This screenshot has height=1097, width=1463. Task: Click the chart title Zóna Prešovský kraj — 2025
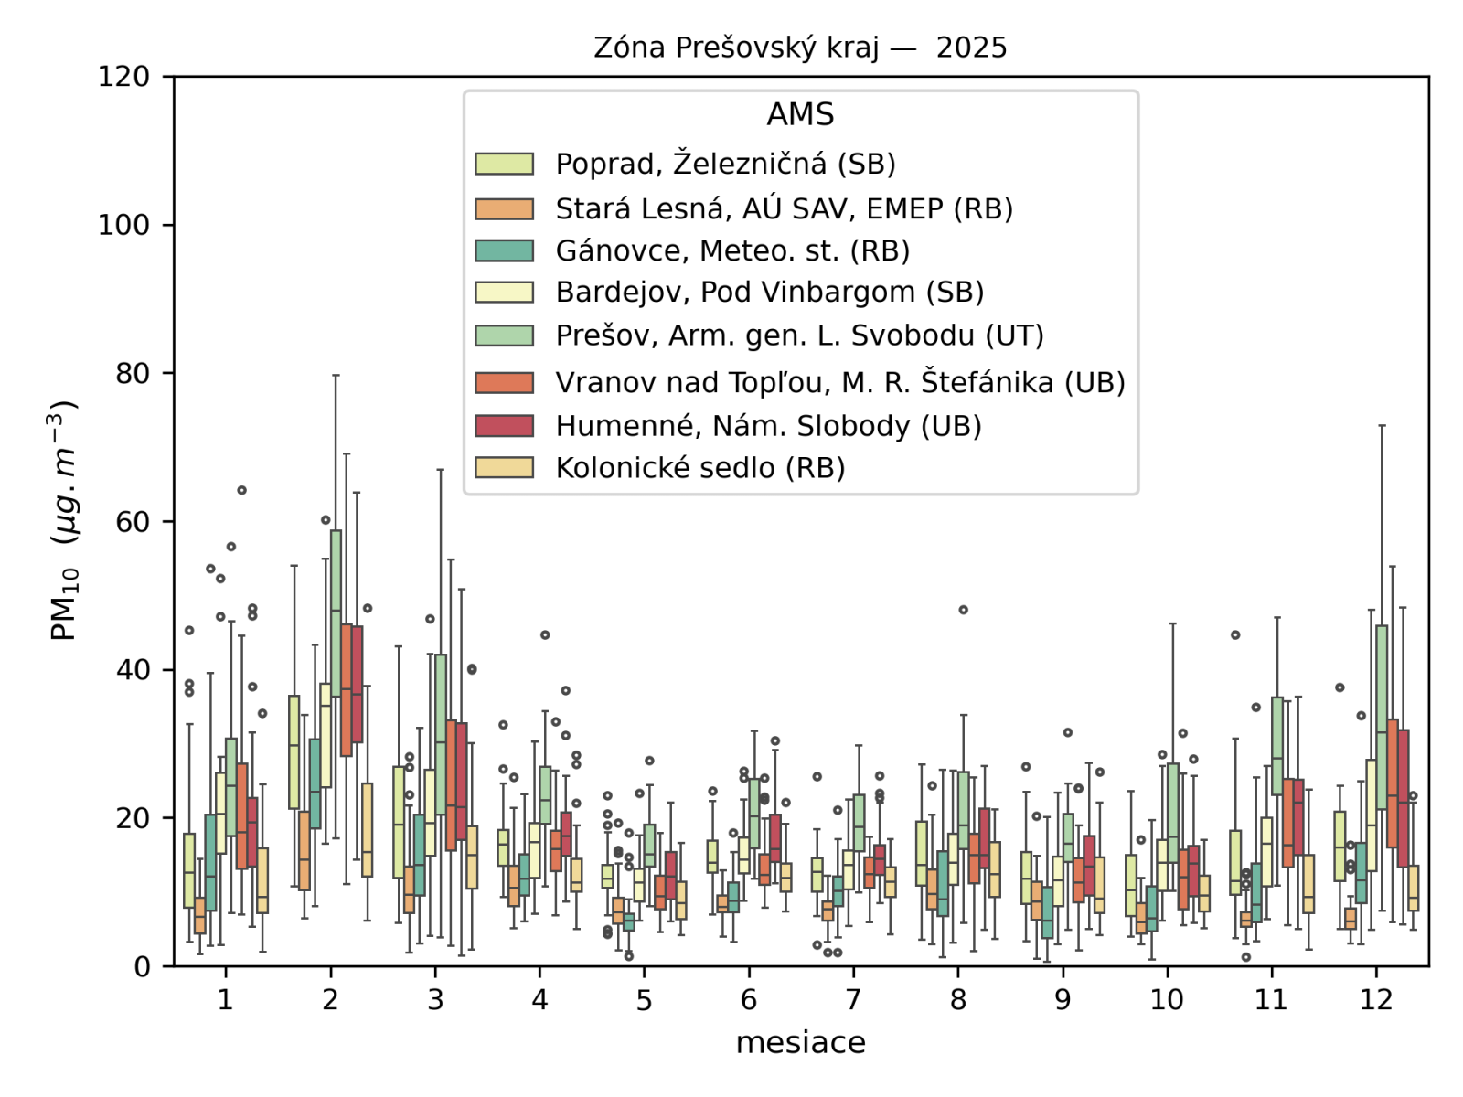(800, 48)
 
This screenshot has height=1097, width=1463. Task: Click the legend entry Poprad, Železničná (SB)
(725, 164)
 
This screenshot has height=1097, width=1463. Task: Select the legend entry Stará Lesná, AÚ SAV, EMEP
(784, 208)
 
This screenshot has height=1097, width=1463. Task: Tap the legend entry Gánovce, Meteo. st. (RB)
(732, 250)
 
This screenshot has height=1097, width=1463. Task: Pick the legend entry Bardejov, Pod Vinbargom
(769, 293)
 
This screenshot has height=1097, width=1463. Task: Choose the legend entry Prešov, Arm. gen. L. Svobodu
(799, 335)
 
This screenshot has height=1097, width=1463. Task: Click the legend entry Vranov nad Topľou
(839, 382)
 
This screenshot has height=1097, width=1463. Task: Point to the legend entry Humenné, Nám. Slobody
(768, 426)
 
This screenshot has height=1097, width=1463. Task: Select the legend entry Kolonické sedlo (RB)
(699, 468)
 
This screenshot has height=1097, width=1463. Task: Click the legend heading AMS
(800, 114)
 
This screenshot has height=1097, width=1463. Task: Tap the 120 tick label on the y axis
(124, 77)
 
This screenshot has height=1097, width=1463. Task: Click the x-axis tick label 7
(853, 1000)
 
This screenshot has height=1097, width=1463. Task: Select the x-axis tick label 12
(1375, 1000)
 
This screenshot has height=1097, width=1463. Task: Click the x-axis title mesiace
(800, 1042)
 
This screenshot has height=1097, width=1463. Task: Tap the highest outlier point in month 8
(963, 610)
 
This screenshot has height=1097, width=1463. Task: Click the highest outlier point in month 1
(241, 490)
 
